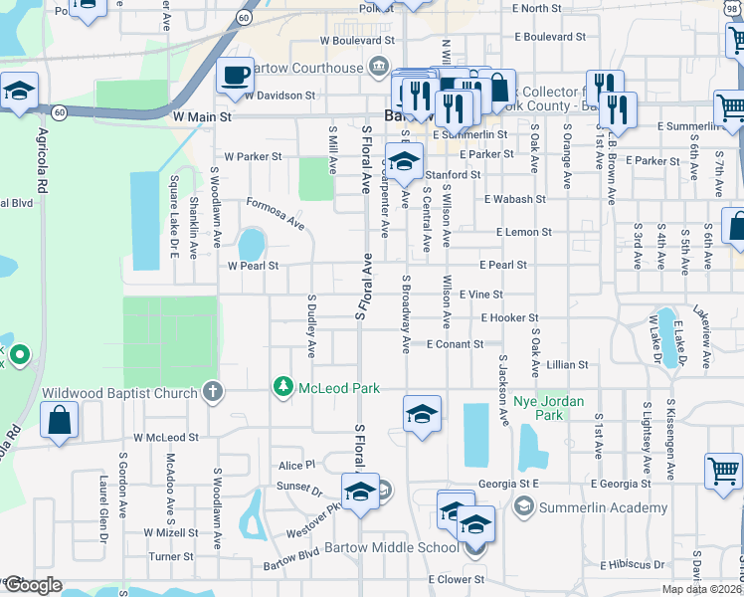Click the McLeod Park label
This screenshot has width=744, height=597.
[x=339, y=388]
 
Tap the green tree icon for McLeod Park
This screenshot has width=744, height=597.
[x=283, y=386]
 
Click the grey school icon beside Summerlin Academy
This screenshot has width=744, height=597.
[x=523, y=507]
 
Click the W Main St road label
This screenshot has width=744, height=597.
[x=202, y=116]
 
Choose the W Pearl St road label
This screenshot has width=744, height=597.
[x=253, y=267]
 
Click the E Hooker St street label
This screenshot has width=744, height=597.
[x=508, y=317]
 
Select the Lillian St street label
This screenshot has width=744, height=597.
[x=567, y=365]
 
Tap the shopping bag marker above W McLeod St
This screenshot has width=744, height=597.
[x=60, y=421]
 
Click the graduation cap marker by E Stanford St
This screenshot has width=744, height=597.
[x=404, y=163]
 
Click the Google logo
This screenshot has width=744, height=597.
[x=32, y=585]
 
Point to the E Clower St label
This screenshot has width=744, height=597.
[x=456, y=578]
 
